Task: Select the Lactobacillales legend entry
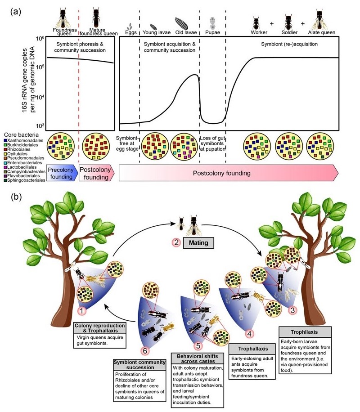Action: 22,166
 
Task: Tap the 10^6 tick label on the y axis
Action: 38,39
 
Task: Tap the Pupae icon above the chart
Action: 212,22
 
